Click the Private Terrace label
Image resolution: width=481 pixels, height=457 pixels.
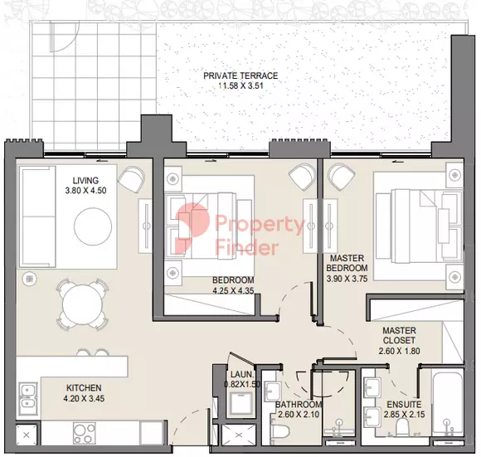[240, 75]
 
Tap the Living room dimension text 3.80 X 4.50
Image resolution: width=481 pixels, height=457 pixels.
[85, 191]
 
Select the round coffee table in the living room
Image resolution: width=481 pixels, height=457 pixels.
[93, 226]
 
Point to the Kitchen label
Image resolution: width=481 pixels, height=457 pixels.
[84, 388]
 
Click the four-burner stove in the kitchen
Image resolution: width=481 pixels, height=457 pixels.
[84, 433]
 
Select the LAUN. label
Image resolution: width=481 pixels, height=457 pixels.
[242, 374]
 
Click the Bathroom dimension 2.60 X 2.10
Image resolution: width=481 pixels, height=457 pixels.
[299, 415]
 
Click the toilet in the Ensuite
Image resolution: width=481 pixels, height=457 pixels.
[402, 426]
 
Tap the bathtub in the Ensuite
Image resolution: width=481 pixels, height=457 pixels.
[448, 403]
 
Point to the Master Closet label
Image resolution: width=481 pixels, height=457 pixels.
[399, 336]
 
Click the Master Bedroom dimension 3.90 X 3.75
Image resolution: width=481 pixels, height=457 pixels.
[347, 279]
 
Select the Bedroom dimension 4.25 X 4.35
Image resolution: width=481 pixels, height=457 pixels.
[233, 290]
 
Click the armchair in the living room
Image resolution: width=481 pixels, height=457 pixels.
[131, 179]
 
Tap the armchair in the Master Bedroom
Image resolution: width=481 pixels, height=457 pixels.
[342, 177]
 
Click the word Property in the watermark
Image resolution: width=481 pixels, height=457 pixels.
[260, 225]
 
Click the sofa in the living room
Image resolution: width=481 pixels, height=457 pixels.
[37, 216]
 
